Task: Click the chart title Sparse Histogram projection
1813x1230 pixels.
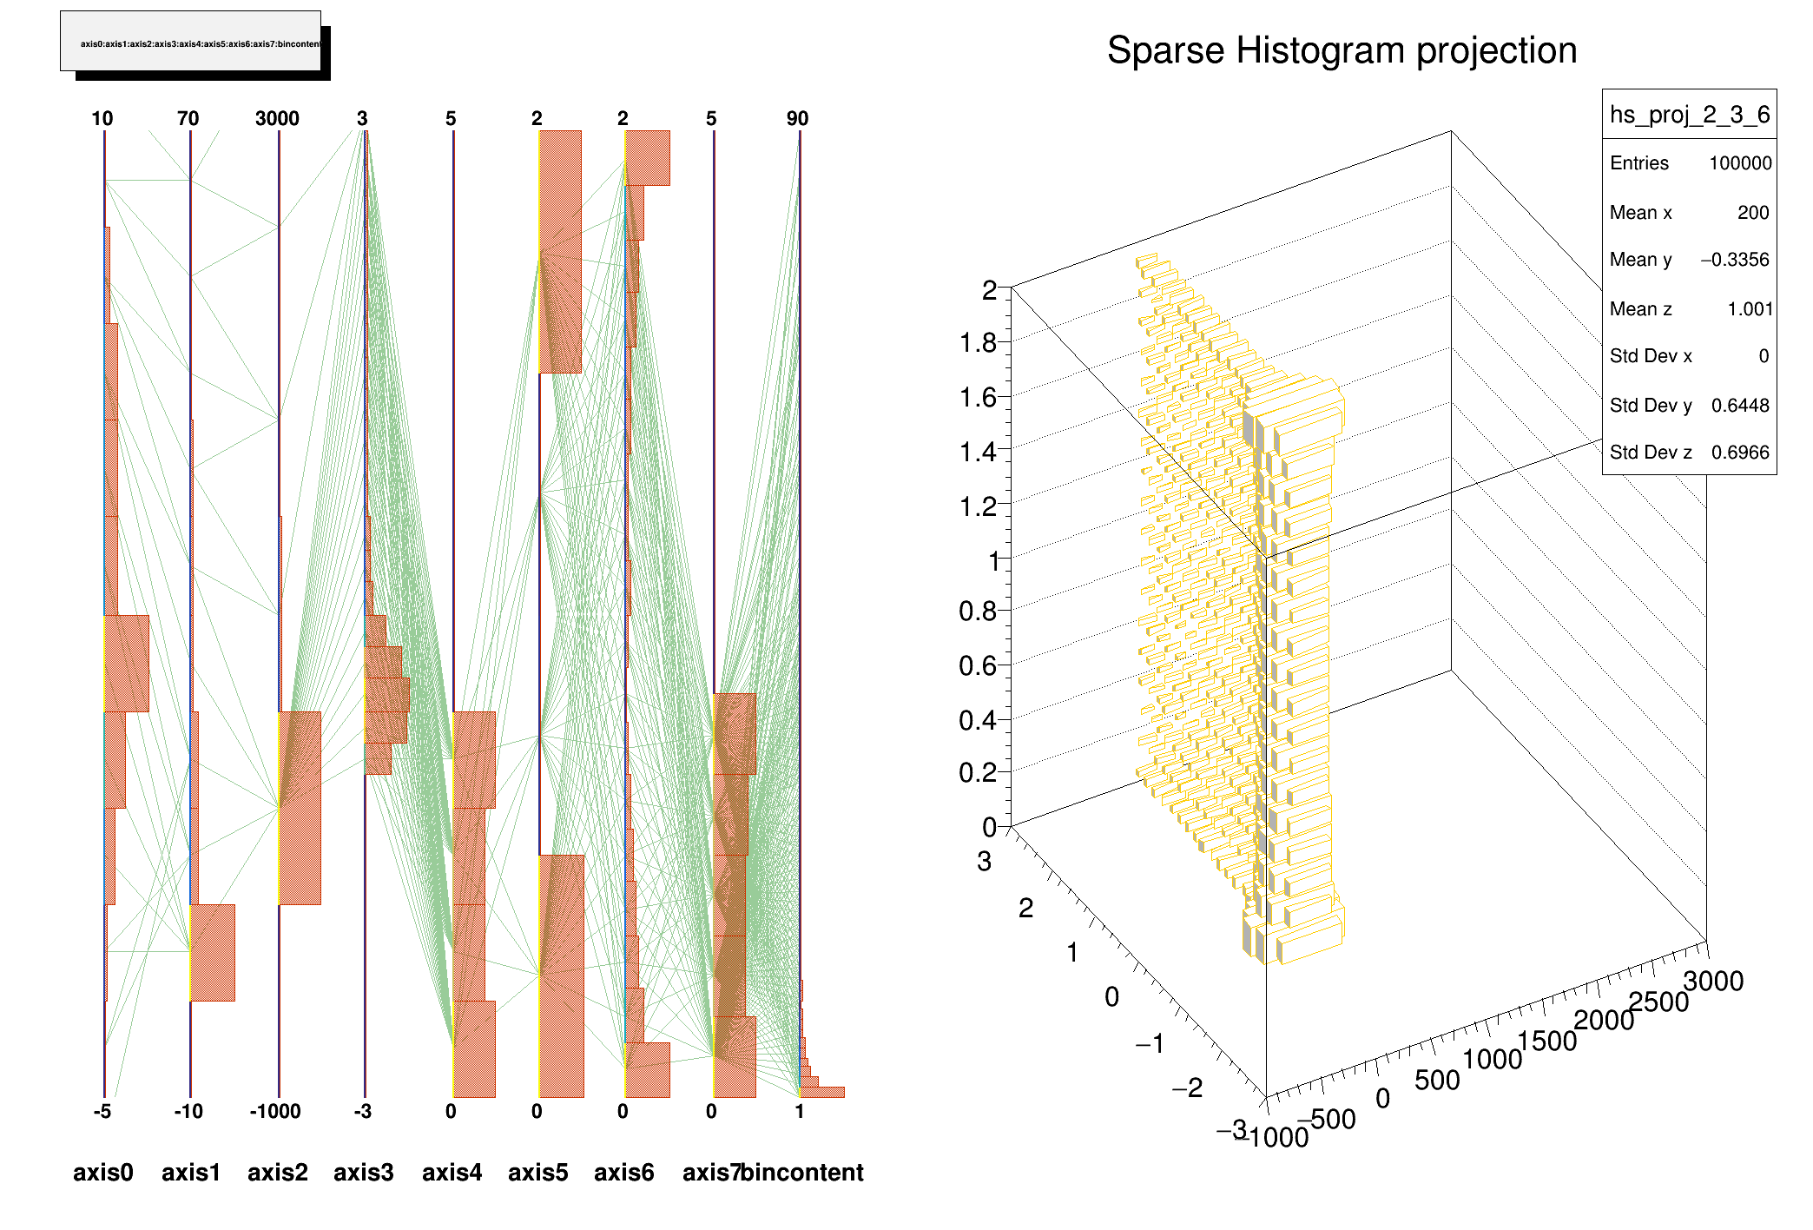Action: coord(1342,50)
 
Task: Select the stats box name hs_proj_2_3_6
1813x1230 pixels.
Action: coord(1689,115)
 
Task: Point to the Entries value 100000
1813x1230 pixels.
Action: coord(1740,163)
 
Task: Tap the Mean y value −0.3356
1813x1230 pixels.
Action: coord(1734,260)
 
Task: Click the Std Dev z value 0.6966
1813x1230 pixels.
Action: coord(1739,453)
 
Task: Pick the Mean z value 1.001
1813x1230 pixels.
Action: coord(1749,309)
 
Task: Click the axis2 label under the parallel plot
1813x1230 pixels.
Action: coord(277,1173)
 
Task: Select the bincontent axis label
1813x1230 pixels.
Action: coord(802,1173)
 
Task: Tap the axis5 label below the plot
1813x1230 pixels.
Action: coord(537,1173)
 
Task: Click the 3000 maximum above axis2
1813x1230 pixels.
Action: coord(277,119)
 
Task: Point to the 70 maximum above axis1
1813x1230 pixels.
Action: coord(188,119)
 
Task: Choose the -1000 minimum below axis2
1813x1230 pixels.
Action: coord(275,1112)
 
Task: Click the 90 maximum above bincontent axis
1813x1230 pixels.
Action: coord(797,119)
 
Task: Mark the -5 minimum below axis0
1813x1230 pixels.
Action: coord(102,1112)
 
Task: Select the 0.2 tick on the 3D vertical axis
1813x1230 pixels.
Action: coord(978,773)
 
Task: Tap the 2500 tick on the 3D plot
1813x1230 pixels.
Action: coord(1658,1002)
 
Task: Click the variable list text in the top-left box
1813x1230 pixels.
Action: coord(200,43)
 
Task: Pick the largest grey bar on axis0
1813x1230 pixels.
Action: coord(127,664)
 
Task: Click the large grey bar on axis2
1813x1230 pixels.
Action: coord(300,808)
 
